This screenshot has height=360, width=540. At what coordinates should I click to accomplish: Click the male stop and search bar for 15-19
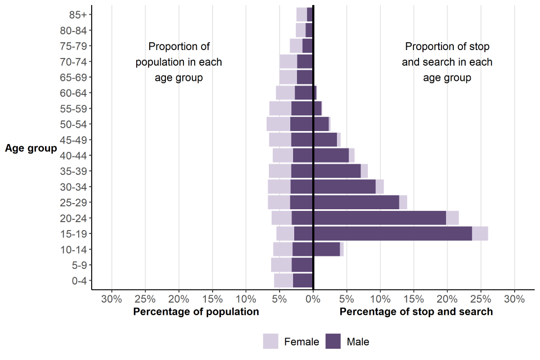pos(393,233)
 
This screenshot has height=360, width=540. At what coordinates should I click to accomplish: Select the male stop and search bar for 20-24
pos(380,218)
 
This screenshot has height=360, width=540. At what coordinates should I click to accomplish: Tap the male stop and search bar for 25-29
pos(356,202)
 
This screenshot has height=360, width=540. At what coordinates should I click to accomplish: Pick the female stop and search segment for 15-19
pos(480,233)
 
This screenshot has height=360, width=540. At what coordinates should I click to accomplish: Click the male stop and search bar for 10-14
pos(327,249)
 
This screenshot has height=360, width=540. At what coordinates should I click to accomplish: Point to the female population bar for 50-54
pos(278,124)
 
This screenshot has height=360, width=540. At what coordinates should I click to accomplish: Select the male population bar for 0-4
pos(303,280)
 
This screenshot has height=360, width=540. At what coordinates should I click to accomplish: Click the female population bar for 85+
pos(301,15)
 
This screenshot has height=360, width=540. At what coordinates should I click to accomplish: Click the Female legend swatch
pos(271,341)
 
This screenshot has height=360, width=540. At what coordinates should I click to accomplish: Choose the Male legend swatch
pos(334,341)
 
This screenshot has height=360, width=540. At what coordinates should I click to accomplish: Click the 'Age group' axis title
pos(31,148)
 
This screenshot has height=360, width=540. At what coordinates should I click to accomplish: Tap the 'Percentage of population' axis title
pos(196,312)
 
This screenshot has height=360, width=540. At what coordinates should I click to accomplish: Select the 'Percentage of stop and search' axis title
pos(416,312)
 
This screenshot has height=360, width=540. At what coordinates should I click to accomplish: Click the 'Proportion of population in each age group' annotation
pos(179,62)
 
